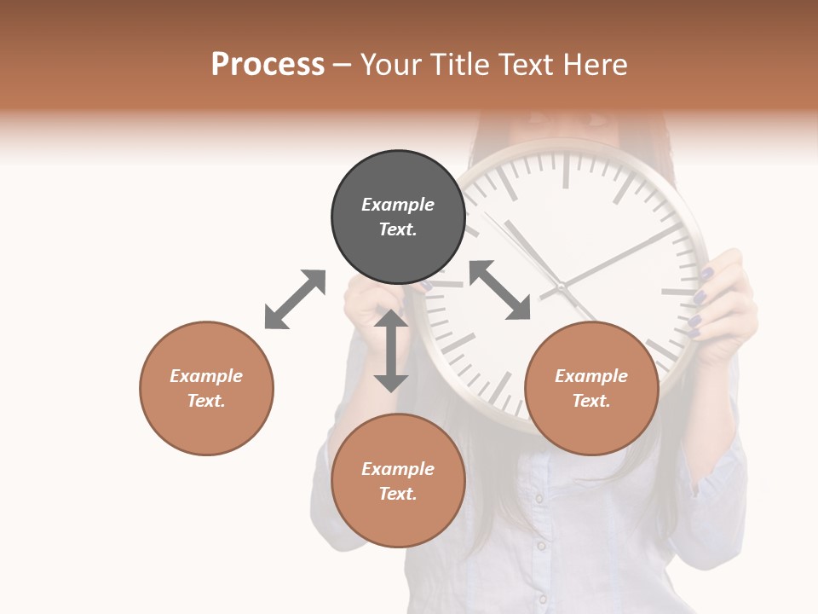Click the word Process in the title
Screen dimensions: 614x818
pyautogui.click(x=268, y=65)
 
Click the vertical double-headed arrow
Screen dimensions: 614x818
pyautogui.click(x=391, y=350)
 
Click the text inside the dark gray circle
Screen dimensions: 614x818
pyautogui.click(x=398, y=217)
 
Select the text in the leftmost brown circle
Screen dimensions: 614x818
pyautogui.click(x=206, y=388)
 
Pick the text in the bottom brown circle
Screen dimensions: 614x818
pyautogui.click(x=398, y=481)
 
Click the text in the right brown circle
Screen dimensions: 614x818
pyautogui.click(x=591, y=388)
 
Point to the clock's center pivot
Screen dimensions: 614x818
pyautogui.click(x=562, y=287)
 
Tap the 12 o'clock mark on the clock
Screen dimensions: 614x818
pyautogui.click(x=565, y=171)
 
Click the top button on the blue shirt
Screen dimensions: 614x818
pyautogui.click(x=539, y=499)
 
